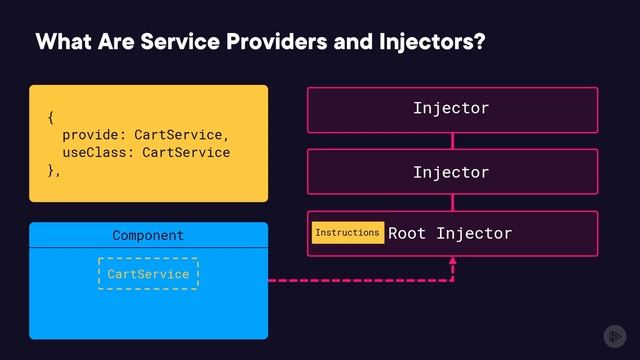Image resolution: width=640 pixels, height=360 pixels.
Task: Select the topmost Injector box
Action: (452, 109)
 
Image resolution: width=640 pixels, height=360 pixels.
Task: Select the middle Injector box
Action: (452, 172)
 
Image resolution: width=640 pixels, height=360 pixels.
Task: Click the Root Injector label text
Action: (450, 234)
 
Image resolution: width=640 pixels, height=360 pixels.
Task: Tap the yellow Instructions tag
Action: (347, 233)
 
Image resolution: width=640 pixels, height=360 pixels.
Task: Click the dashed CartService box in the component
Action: (148, 273)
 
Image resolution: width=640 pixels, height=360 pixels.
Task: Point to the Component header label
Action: (148, 236)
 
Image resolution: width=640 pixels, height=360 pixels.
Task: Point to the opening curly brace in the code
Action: (51, 118)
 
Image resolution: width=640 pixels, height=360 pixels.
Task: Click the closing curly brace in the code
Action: (52, 171)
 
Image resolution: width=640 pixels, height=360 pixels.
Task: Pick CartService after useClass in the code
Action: (186, 153)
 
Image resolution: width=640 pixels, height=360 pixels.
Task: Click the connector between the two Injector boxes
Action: (452, 141)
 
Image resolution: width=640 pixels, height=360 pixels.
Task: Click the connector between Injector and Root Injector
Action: (452, 203)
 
